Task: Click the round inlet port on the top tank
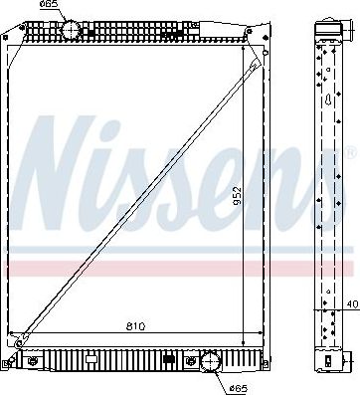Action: [71, 30]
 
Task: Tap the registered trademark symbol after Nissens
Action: [348, 152]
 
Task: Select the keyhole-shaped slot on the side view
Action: [329, 99]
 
